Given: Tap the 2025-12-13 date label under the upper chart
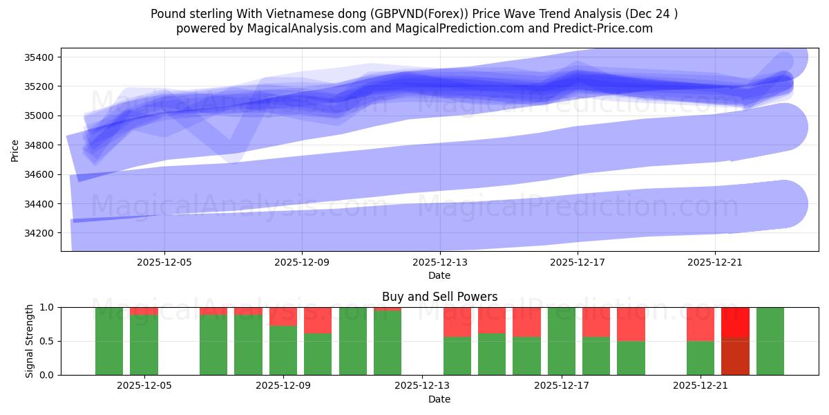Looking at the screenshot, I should tap(439, 262).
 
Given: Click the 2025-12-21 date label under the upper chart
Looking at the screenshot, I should tap(714, 262).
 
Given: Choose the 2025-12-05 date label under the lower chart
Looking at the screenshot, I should tap(144, 386).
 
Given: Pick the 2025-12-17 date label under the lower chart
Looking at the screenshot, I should tap(561, 386).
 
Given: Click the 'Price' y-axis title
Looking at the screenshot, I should tap(15, 149).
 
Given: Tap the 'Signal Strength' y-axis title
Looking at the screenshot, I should tap(29, 341).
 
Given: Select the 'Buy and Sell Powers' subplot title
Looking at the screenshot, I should tap(439, 297).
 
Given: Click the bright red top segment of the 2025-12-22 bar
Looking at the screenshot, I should tap(735, 322).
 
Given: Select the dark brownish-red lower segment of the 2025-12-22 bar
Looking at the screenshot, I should tap(735, 356).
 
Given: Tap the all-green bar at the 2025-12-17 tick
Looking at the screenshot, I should tap(561, 341).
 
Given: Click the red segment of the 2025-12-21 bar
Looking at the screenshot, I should tap(700, 324).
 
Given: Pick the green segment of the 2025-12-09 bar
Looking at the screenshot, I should tap(283, 351).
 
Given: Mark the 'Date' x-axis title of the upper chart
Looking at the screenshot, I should tap(439, 275).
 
